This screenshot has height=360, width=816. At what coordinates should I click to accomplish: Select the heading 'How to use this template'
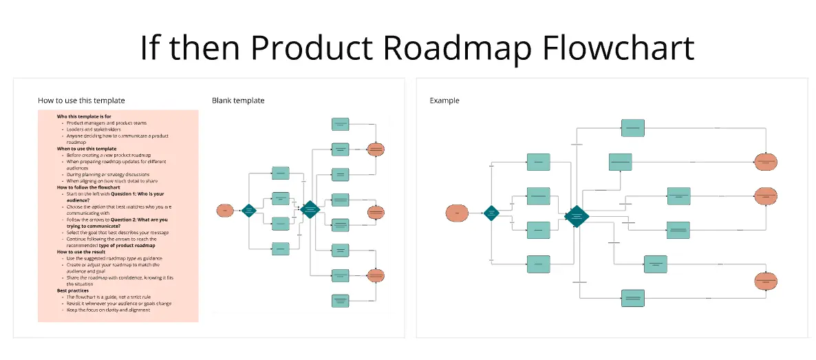81,100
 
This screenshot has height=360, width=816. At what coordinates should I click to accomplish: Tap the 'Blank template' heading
238,100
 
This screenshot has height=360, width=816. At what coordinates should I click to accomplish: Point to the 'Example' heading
444,100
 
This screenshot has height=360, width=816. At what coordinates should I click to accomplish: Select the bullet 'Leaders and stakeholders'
94,129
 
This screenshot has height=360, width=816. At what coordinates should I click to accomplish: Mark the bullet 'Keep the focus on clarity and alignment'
109,310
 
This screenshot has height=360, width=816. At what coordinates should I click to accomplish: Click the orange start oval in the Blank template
224,211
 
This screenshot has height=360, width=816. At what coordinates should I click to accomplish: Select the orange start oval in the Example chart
457,213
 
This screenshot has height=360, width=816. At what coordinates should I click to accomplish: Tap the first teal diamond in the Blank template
249,211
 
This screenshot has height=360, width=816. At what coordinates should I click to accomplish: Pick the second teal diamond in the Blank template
310,209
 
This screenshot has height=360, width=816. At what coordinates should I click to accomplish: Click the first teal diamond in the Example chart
491,213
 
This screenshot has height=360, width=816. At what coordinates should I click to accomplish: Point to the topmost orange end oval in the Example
766,162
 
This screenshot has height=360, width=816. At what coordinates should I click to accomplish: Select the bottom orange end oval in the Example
766,281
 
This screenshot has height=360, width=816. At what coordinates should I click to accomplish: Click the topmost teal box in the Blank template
341,124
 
